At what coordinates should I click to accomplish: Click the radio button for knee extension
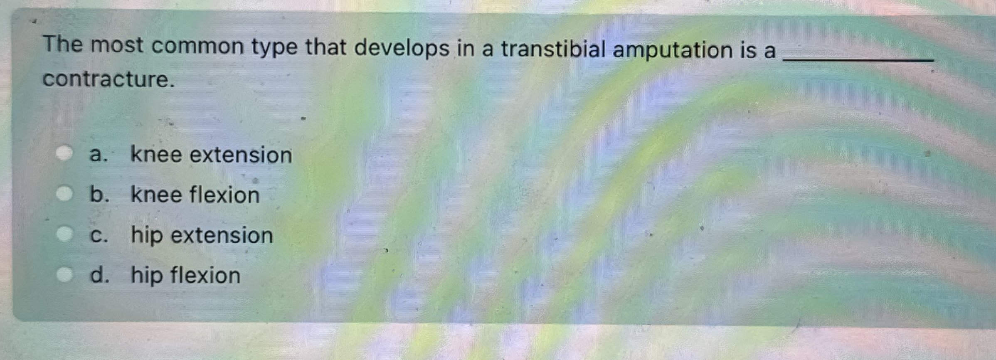(x=64, y=153)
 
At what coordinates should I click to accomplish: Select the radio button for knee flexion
(x=64, y=194)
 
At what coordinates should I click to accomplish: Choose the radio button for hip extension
(x=64, y=234)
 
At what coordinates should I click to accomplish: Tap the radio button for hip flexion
(x=64, y=274)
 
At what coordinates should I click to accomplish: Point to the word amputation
(x=673, y=50)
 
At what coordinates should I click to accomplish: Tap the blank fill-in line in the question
(x=858, y=60)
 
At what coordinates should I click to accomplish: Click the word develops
(x=402, y=48)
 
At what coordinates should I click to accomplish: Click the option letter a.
(x=98, y=155)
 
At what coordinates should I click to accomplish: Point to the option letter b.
(x=99, y=194)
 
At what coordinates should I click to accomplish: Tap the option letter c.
(x=99, y=236)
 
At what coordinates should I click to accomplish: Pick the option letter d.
(x=99, y=275)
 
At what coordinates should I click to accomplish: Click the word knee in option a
(x=156, y=154)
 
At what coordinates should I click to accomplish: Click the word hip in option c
(x=147, y=235)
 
